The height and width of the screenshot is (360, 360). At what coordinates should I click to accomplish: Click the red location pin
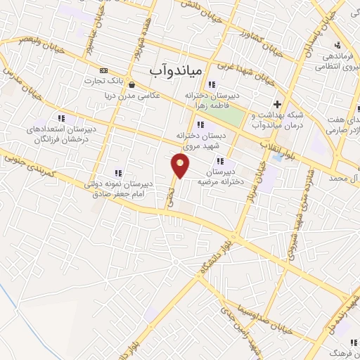pyautogui.click(x=181, y=166)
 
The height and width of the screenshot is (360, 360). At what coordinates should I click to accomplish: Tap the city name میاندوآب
pyautogui.click(x=176, y=71)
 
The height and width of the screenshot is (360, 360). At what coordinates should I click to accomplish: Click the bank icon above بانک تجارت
pyautogui.click(x=104, y=71)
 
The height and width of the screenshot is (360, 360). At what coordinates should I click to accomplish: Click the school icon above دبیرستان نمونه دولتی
pyautogui.click(x=117, y=172)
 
